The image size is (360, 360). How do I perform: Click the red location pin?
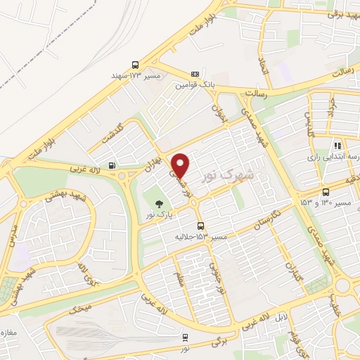tap(181, 165)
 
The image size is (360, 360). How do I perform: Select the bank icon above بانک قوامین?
tap(195, 74)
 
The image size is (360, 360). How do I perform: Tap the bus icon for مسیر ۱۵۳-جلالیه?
tap(201, 226)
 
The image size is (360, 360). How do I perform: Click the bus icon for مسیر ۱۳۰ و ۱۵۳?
tap(325, 192)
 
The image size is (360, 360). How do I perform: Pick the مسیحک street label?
tap(82, 308)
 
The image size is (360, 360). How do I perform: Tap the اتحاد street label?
tap(262, 67)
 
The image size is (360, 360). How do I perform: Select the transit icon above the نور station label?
tap(185, 337)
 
